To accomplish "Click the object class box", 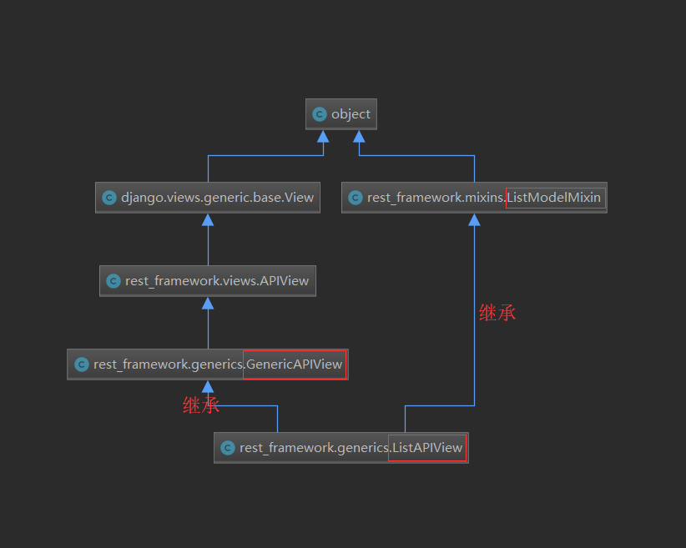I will tap(341, 114).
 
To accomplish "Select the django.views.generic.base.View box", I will tap(207, 198).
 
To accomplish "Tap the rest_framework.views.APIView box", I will tap(208, 281).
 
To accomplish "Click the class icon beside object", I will tap(320, 114).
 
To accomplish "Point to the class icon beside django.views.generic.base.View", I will tap(108, 198).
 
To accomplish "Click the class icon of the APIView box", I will tap(113, 281).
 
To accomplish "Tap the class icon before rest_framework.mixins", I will tap(355, 198).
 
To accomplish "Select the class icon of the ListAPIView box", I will tap(227, 448).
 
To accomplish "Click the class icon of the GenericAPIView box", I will tap(81, 364).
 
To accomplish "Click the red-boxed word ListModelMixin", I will tap(554, 198).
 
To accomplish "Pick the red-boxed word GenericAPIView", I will tap(295, 364).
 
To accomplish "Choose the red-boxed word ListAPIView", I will tap(427, 448).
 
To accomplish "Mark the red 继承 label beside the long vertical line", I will tap(497, 313).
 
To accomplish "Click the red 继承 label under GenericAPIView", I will tap(201, 406).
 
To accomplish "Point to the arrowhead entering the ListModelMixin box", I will tap(474, 219).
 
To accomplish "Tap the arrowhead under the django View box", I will tap(208, 219).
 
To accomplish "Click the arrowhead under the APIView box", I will tap(208, 303).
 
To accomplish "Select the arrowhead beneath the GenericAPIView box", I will tap(208, 386).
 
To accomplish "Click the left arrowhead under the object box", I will tap(323, 137).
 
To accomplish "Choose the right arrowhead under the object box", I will tap(359, 137).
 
